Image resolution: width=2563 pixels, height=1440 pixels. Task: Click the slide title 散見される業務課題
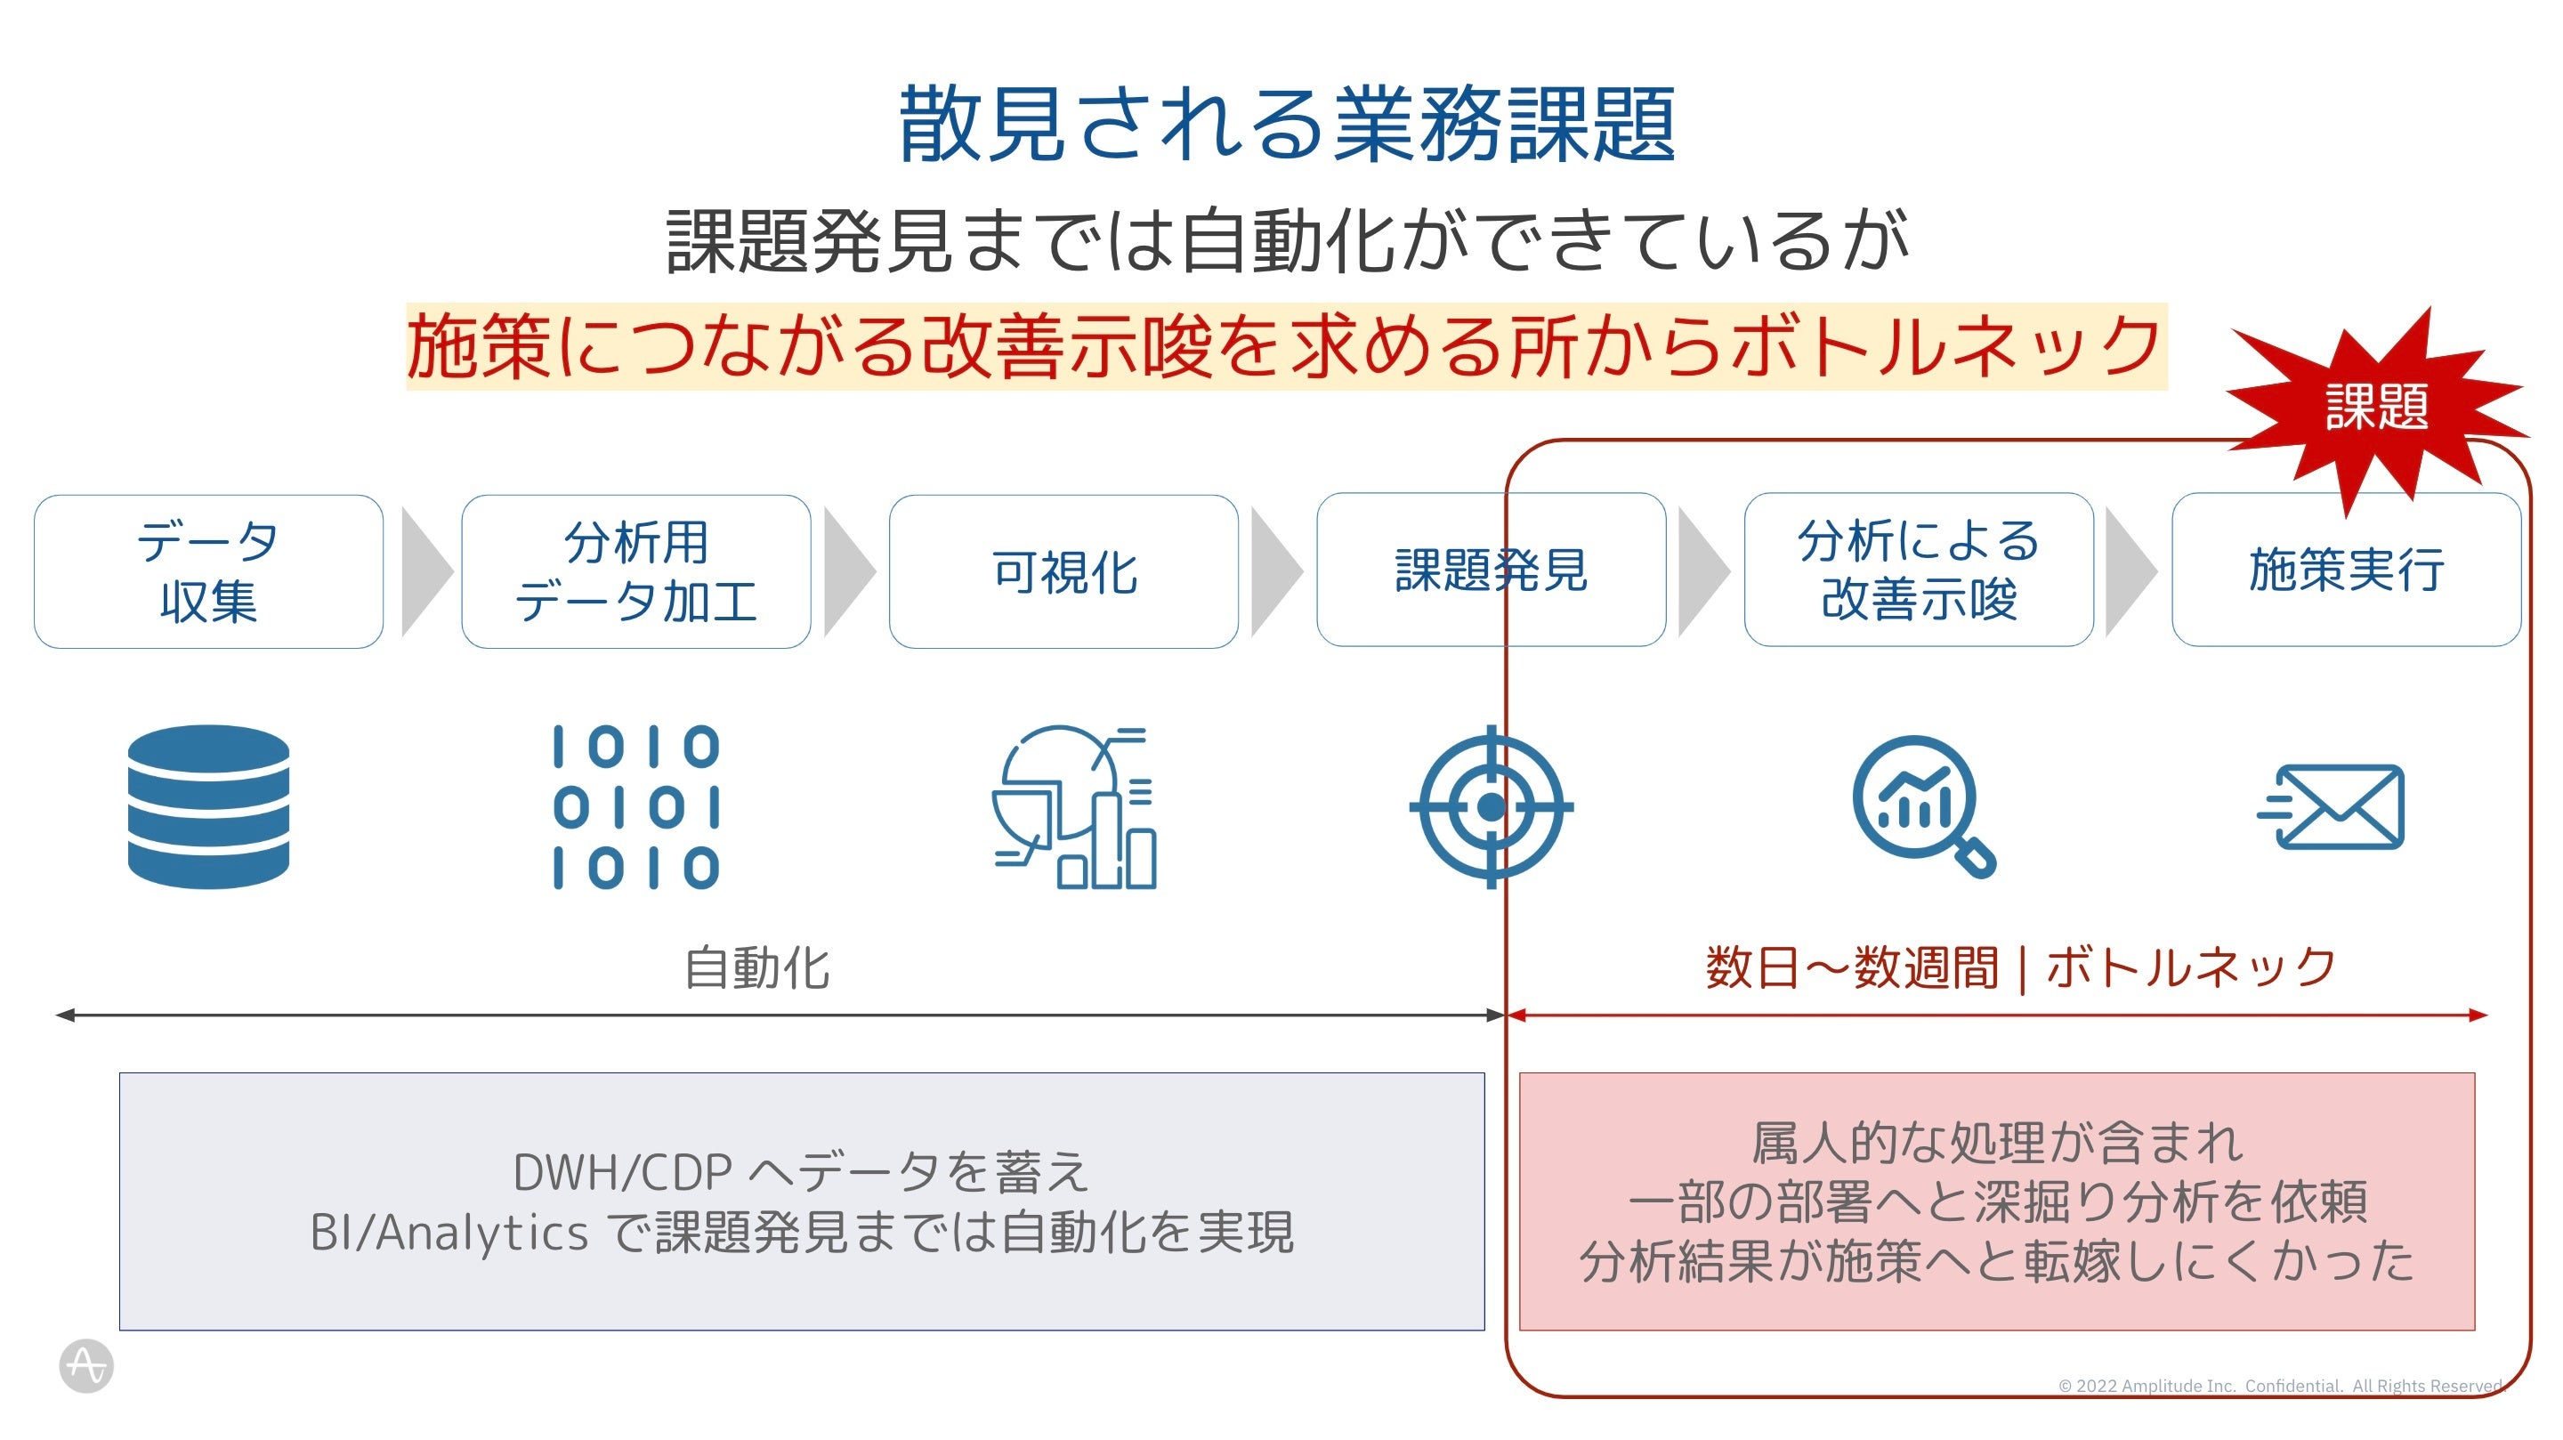(1287, 125)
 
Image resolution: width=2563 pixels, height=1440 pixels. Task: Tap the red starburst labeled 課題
(2376, 408)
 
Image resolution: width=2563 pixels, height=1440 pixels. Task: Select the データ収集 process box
(208, 571)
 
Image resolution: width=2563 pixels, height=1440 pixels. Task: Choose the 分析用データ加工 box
(635, 571)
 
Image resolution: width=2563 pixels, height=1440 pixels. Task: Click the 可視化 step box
(1063, 571)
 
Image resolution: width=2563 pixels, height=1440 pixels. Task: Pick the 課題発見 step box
(1490, 570)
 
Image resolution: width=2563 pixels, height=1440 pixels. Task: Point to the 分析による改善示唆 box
(1919, 570)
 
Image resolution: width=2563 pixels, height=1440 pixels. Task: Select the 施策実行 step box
(2345, 570)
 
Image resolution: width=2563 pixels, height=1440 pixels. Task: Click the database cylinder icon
(208, 806)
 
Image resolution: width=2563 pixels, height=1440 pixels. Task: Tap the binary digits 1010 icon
(635, 806)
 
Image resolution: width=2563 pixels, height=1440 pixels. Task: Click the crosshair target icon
(1491, 806)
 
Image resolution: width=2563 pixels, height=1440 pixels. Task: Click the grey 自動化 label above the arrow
(757, 968)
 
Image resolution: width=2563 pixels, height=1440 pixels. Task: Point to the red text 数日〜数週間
(1851, 967)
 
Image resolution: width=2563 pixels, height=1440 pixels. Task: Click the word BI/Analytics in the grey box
(449, 1233)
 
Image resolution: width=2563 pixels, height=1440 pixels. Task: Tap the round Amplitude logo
(86, 1365)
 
